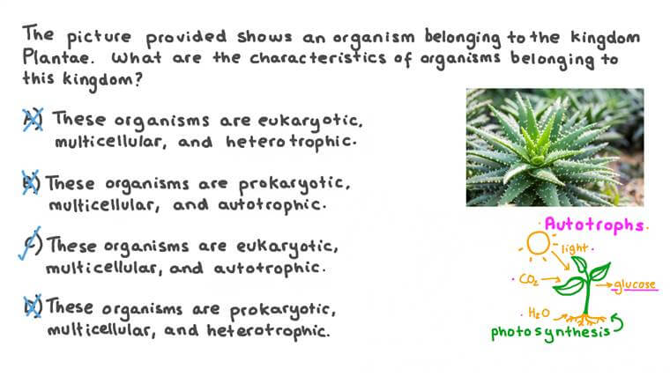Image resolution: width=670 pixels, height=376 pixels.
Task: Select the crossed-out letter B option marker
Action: click(x=31, y=183)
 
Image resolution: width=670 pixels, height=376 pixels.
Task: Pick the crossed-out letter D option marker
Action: click(x=32, y=307)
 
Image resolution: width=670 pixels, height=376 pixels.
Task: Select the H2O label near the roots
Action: click(x=540, y=313)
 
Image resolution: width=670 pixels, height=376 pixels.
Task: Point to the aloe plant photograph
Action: click(x=555, y=146)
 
